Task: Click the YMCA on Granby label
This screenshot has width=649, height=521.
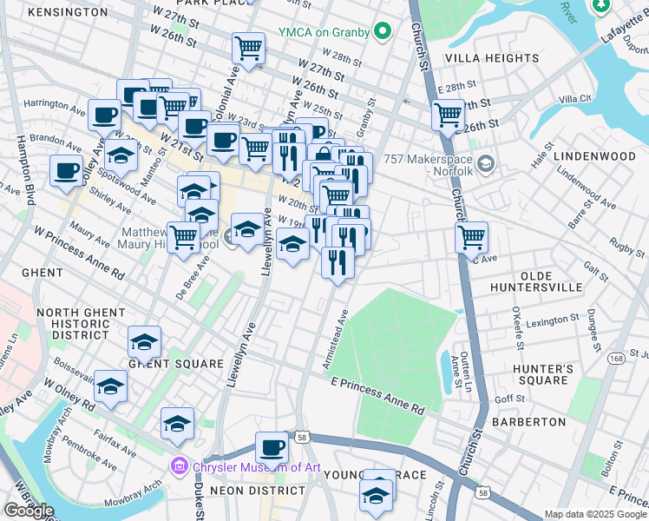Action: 325,32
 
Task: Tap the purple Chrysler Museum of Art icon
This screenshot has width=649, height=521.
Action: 180,466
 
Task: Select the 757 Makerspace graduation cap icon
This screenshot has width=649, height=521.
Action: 484,162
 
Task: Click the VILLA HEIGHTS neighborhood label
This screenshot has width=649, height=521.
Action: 492,58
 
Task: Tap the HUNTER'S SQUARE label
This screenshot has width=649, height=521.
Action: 540,374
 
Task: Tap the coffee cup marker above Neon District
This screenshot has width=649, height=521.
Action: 272,447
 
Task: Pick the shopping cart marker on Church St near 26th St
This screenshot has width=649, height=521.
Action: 448,113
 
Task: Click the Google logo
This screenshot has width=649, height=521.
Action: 28,511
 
